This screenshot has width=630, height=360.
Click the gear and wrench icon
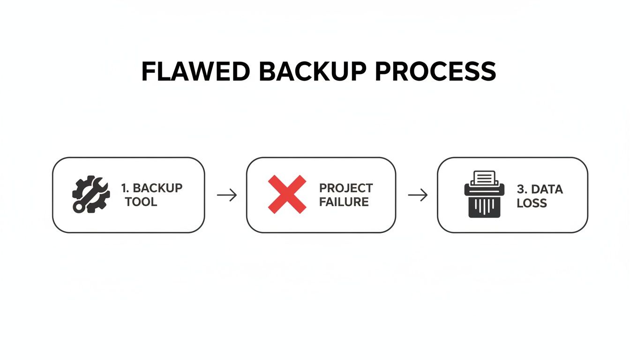[x=91, y=195]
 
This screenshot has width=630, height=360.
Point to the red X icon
[x=287, y=195]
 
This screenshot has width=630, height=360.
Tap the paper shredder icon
[x=484, y=194]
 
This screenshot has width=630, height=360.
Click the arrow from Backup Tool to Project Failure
[x=227, y=195]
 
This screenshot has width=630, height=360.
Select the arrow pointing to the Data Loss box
[x=418, y=195]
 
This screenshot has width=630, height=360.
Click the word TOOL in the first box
[x=141, y=202]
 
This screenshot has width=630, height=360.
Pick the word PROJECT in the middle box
[x=346, y=188]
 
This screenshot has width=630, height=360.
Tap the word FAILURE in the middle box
[x=344, y=202]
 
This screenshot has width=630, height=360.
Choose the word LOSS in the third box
[x=532, y=203]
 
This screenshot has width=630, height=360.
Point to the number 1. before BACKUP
[x=125, y=188]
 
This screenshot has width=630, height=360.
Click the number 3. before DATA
[x=522, y=189]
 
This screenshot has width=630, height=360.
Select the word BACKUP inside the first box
[x=157, y=188]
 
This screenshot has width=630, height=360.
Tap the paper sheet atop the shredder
[x=484, y=178]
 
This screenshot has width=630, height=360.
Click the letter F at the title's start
[x=149, y=72]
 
